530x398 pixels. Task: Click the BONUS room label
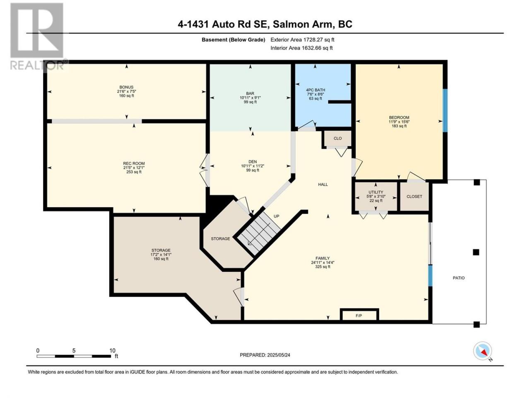(x=126, y=87)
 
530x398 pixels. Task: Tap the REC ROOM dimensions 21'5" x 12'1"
(x=134, y=168)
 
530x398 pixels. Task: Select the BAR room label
(x=250, y=93)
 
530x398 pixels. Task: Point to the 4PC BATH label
(x=316, y=90)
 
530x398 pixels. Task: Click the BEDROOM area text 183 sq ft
(x=399, y=126)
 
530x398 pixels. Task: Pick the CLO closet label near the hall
(x=337, y=138)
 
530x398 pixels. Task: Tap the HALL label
(x=323, y=184)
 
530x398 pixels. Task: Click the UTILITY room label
(x=376, y=192)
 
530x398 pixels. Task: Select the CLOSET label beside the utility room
(x=414, y=197)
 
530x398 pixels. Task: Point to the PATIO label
(x=458, y=278)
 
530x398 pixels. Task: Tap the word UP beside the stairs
(x=277, y=216)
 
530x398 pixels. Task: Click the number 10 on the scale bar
(x=112, y=351)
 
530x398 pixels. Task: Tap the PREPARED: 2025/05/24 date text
(x=265, y=355)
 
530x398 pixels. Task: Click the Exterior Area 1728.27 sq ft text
(x=302, y=40)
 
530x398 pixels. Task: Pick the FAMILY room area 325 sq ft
(x=323, y=267)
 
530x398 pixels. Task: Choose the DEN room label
(x=253, y=162)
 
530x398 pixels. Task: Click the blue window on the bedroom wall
(x=445, y=110)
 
